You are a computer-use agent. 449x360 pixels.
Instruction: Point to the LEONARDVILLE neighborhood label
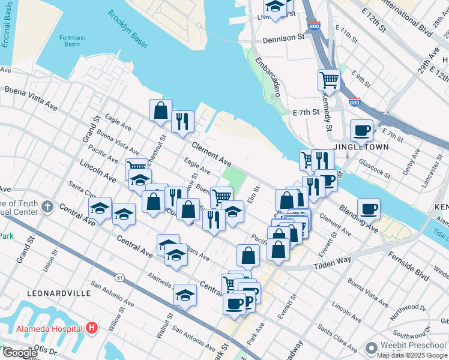(59, 293)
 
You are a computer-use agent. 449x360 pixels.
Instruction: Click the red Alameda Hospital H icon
(92, 328)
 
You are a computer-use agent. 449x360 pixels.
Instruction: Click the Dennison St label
(284, 38)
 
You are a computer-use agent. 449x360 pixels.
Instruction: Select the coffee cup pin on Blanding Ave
(369, 208)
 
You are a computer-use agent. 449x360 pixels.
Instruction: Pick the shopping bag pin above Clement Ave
(160, 110)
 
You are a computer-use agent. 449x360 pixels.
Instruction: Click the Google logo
(20, 353)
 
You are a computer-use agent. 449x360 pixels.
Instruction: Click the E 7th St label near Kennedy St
(305, 112)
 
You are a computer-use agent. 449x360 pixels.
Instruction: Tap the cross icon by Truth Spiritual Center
(47, 208)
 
